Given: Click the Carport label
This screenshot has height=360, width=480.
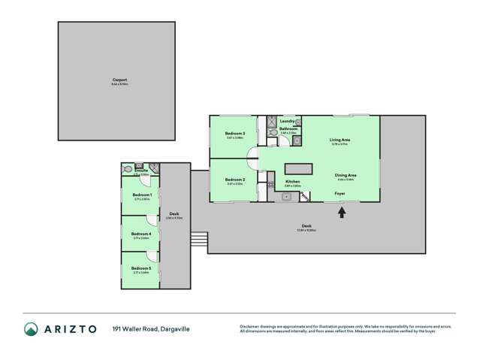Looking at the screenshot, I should coord(119,79).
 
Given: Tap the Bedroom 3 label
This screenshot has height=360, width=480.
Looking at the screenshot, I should coord(235,134).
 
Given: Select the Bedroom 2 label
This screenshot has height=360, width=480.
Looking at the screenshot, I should coord(235,180).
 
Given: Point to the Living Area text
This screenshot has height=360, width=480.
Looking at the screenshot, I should coord(340,140).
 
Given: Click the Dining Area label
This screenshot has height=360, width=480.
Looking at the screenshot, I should coord(346,175).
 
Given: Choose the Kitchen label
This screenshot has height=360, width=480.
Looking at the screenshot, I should coord(293,181).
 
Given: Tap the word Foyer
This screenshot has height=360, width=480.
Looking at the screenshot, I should coord(340,193).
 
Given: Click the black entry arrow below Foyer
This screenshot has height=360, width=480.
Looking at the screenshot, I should coord(342,212).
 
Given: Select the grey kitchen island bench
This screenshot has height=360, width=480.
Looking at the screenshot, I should coord(298,167).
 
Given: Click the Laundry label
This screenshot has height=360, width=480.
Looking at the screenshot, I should coord(287,121).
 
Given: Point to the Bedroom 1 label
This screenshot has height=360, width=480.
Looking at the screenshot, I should coord(142,195).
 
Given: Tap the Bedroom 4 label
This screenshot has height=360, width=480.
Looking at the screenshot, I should coord(141,234).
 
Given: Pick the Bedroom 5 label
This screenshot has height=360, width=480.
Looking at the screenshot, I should coord(141,268).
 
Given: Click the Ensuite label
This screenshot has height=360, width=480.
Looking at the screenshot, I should coord(141,171).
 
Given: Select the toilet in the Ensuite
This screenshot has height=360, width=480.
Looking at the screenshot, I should coord(128,169).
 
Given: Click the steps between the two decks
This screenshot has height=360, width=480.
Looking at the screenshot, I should coord(199,240).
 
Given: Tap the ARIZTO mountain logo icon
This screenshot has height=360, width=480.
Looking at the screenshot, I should coord(32,329).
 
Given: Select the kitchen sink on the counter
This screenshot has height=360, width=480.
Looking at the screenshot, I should coord(286,197).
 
